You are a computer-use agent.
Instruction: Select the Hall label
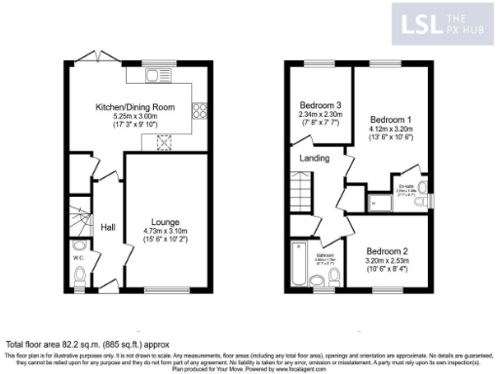pyautogui.click(x=108, y=227)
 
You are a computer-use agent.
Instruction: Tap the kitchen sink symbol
pyautogui.click(x=156, y=74)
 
